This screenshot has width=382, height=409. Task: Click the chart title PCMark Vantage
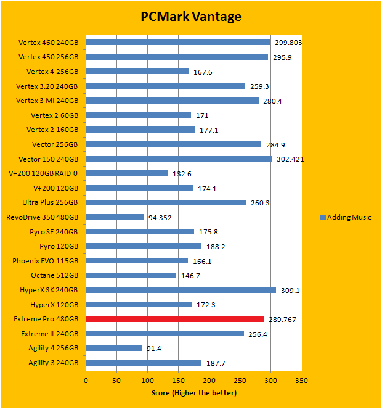[x=190, y=17]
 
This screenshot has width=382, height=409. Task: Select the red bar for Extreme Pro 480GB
[x=175, y=319]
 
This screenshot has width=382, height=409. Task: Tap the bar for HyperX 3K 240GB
[x=181, y=290]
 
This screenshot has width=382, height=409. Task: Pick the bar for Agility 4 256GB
[x=114, y=348]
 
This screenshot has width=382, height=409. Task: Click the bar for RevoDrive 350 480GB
[x=115, y=217]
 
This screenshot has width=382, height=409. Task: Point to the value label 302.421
[x=289, y=159]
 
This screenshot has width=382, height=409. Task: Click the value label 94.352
[x=162, y=217]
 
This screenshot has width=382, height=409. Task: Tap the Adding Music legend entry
[x=345, y=217]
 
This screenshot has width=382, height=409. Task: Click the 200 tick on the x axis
[x=209, y=380]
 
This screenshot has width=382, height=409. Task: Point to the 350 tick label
[x=301, y=380]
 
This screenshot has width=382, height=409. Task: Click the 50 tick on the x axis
[x=117, y=380]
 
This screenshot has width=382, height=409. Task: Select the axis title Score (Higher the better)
[x=193, y=393]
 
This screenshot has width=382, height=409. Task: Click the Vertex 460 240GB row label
[x=49, y=43]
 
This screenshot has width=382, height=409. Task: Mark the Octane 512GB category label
[x=54, y=275]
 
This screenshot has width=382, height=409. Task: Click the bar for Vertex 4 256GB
[x=137, y=72]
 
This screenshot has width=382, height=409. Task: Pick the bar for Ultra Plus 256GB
[x=166, y=202]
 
